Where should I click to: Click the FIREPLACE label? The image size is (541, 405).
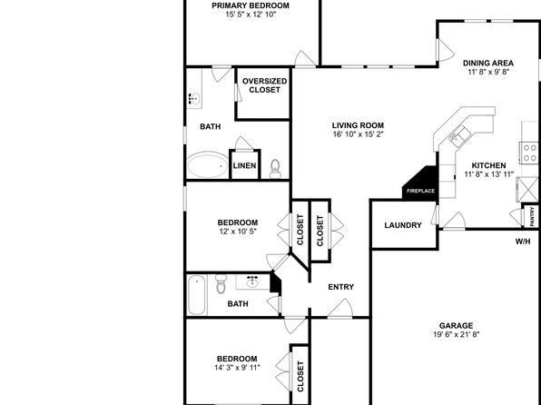(420, 191)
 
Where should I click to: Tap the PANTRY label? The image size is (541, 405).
(533, 216)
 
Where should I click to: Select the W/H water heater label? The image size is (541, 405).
(523, 242)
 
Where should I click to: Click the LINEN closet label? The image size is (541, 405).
(244, 165)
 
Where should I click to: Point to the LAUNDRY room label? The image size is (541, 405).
(403, 225)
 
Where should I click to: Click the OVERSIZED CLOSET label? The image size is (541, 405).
(264, 85)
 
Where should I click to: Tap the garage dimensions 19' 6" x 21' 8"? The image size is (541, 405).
(456, 334)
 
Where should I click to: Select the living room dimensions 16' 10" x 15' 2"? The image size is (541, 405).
(359, 134)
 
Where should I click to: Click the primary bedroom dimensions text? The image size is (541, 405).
(251, 15)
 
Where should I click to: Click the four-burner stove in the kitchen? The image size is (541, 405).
(529, 153)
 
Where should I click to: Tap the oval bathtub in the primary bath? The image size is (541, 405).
(207, 165)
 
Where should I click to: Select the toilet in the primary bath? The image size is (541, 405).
(275, 169)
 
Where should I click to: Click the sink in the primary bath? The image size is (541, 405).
(195, 98)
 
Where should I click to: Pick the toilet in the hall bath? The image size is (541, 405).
(221, 283)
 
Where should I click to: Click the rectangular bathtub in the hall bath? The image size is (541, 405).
(196, 294)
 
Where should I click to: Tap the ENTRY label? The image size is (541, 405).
(341, 287)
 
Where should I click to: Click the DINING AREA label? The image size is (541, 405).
(487, 63)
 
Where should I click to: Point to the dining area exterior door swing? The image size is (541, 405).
(446, 50)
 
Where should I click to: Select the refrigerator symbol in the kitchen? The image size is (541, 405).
(526, 189)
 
